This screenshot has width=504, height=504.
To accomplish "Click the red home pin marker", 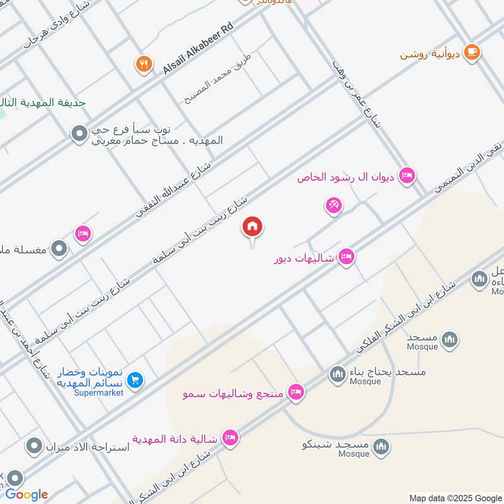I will point(253,227).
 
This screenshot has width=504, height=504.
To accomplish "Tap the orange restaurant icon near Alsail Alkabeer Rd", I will point(144,64).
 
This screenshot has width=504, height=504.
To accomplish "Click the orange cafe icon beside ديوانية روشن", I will point(471,53).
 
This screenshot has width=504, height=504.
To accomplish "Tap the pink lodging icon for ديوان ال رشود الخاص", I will point(407,176).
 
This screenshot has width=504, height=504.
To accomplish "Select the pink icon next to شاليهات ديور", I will point(346,257).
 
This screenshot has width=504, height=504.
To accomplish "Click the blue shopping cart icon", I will point(135,380).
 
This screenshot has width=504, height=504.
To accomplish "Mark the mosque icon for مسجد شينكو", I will point(381,447).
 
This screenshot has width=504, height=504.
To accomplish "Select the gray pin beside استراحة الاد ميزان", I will point(33,447).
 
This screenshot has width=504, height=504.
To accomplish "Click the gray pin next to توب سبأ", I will point(79,134).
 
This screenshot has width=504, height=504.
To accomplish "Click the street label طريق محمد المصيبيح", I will point(217,78).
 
